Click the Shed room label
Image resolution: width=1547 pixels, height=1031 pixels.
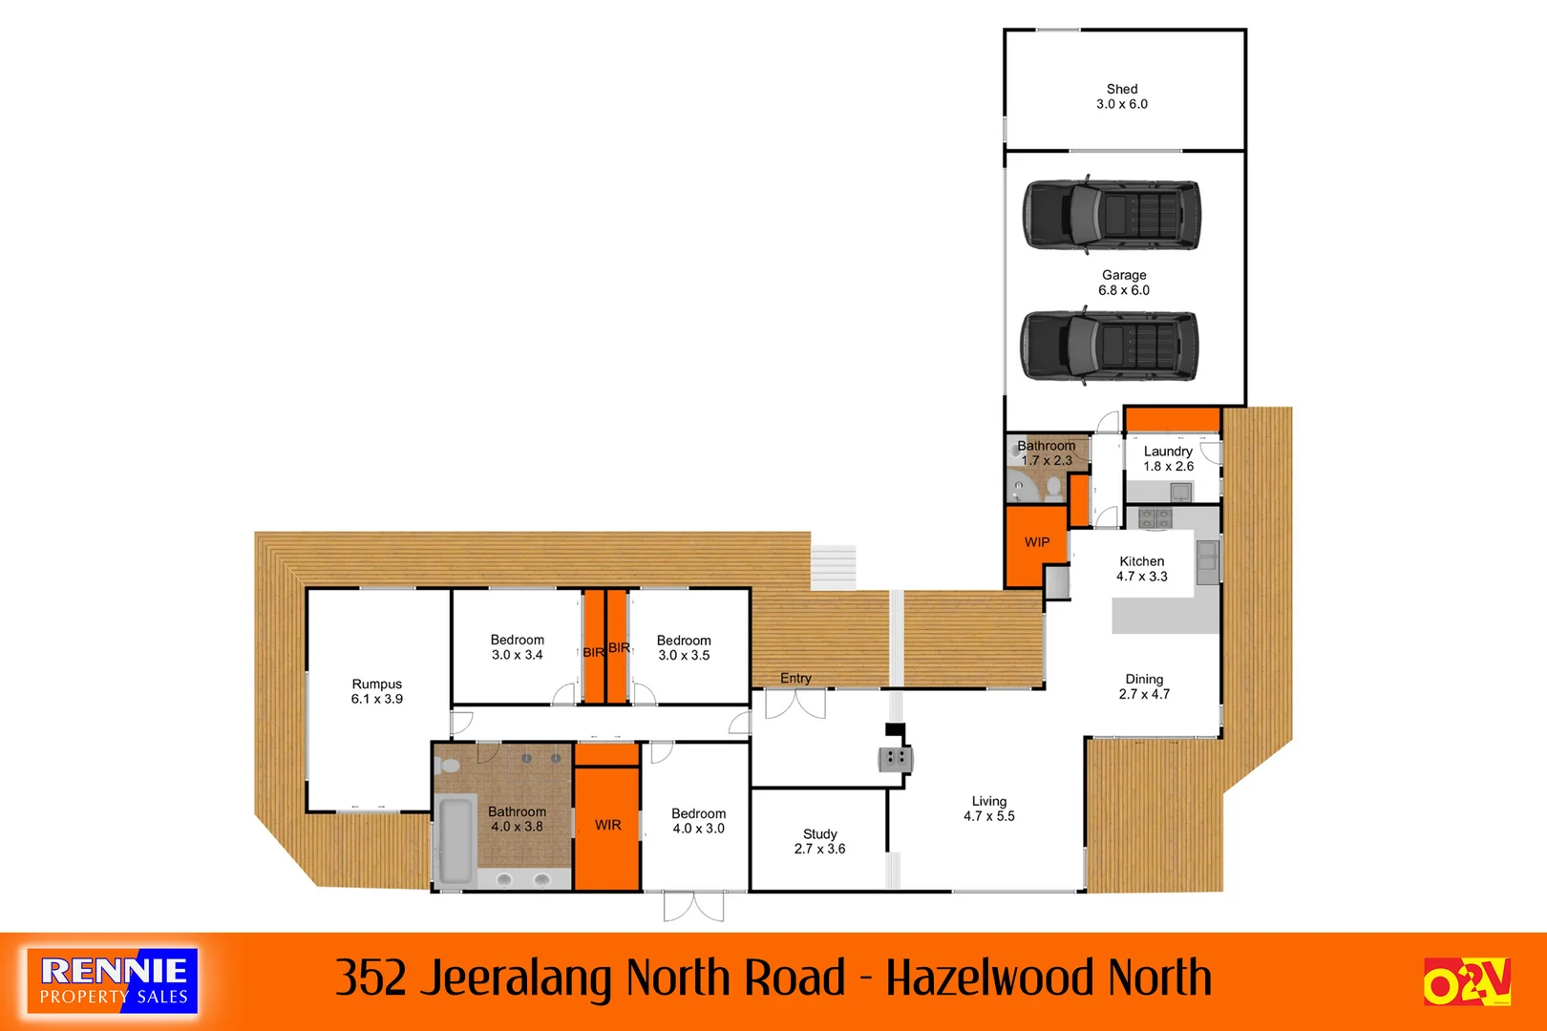1122,96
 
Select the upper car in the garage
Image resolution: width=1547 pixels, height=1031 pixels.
1112,215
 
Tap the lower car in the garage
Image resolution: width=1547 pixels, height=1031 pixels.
1109,346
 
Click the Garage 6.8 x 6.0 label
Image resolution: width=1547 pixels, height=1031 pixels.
1124,283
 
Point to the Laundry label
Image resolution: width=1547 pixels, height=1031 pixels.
1168,458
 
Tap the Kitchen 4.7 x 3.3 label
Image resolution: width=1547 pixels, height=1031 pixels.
1142,569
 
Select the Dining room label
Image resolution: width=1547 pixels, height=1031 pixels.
1144,686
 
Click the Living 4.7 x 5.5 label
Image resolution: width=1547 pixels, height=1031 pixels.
989,809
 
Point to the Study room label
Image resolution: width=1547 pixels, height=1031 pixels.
819,841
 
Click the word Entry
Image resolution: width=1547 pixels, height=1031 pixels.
795,678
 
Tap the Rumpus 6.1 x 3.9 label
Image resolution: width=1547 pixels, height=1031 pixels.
377,691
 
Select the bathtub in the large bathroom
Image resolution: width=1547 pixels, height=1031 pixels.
456,840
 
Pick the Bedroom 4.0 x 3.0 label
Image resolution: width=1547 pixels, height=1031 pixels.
698,821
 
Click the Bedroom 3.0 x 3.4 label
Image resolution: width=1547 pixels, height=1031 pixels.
518,647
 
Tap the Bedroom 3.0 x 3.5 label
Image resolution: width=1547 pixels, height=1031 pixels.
684,647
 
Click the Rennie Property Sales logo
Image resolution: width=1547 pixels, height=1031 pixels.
113,980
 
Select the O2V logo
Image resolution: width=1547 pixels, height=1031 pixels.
1466,981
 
